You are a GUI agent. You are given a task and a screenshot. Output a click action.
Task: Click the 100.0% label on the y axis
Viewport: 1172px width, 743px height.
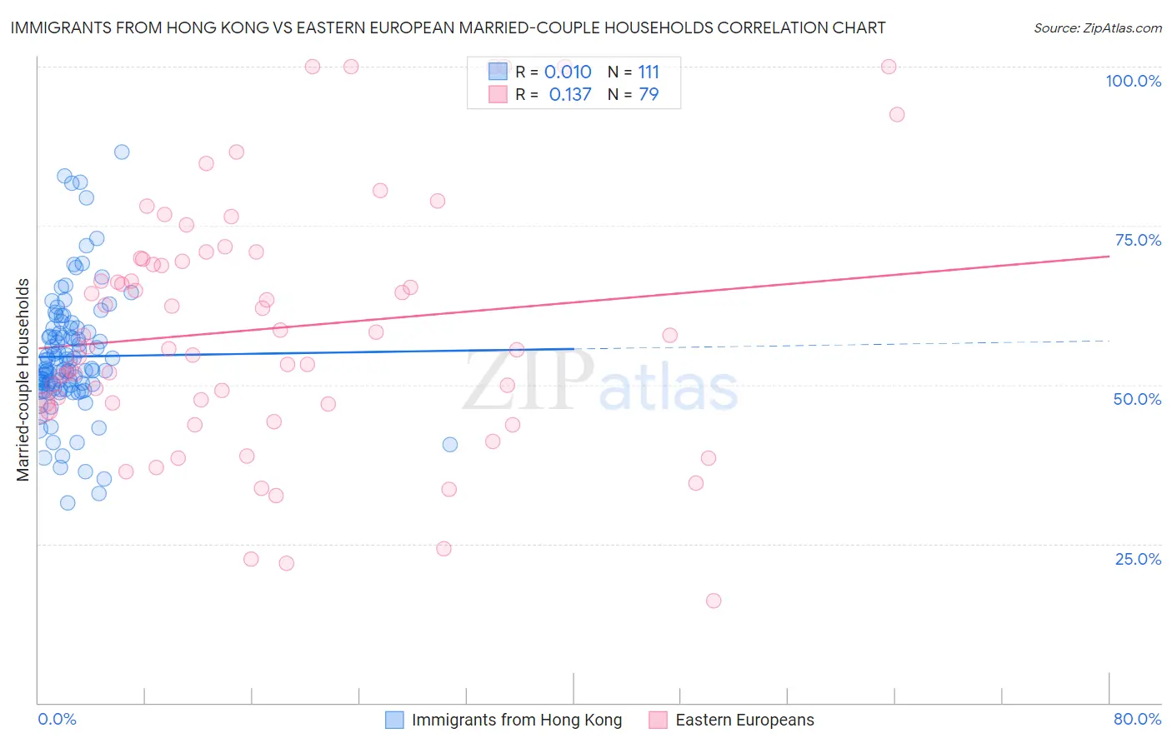1133,81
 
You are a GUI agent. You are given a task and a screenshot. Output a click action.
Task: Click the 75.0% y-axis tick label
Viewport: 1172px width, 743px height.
1137,240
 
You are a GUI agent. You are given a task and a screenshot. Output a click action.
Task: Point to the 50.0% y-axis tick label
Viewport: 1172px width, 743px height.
1137,399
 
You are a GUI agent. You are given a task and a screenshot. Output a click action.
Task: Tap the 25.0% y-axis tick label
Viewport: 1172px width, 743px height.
1137,559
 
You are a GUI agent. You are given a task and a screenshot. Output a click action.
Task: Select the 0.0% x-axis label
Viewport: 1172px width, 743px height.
57,719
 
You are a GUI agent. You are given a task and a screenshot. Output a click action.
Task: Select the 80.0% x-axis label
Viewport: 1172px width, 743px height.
1137,719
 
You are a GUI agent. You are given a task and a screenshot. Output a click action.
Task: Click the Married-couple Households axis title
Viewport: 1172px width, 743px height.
23,379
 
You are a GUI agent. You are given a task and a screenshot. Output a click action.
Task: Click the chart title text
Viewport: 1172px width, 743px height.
448,27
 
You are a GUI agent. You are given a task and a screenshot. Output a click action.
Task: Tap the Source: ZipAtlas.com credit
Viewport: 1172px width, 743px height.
1097,27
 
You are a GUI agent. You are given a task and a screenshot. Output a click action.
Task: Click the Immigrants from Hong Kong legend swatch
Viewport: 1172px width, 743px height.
394,720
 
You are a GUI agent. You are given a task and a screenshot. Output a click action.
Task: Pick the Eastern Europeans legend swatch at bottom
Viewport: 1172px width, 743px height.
658,720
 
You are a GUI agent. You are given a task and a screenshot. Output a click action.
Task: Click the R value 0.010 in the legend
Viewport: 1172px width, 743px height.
568,72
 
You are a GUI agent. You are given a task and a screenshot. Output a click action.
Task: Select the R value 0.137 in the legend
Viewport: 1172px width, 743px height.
570,95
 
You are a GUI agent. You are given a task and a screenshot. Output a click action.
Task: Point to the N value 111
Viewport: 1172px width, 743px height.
649,72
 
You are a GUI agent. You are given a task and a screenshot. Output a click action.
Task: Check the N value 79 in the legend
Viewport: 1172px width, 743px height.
649,95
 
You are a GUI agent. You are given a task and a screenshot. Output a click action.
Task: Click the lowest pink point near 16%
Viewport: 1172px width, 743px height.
713,601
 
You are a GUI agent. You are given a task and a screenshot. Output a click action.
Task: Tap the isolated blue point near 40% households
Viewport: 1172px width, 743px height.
450,445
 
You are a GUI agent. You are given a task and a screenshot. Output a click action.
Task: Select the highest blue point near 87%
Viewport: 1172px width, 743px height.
122,152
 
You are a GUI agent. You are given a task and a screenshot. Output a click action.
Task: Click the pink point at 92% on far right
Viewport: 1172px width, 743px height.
897,115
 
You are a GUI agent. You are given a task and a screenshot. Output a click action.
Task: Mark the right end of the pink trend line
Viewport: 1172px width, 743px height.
1109,257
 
